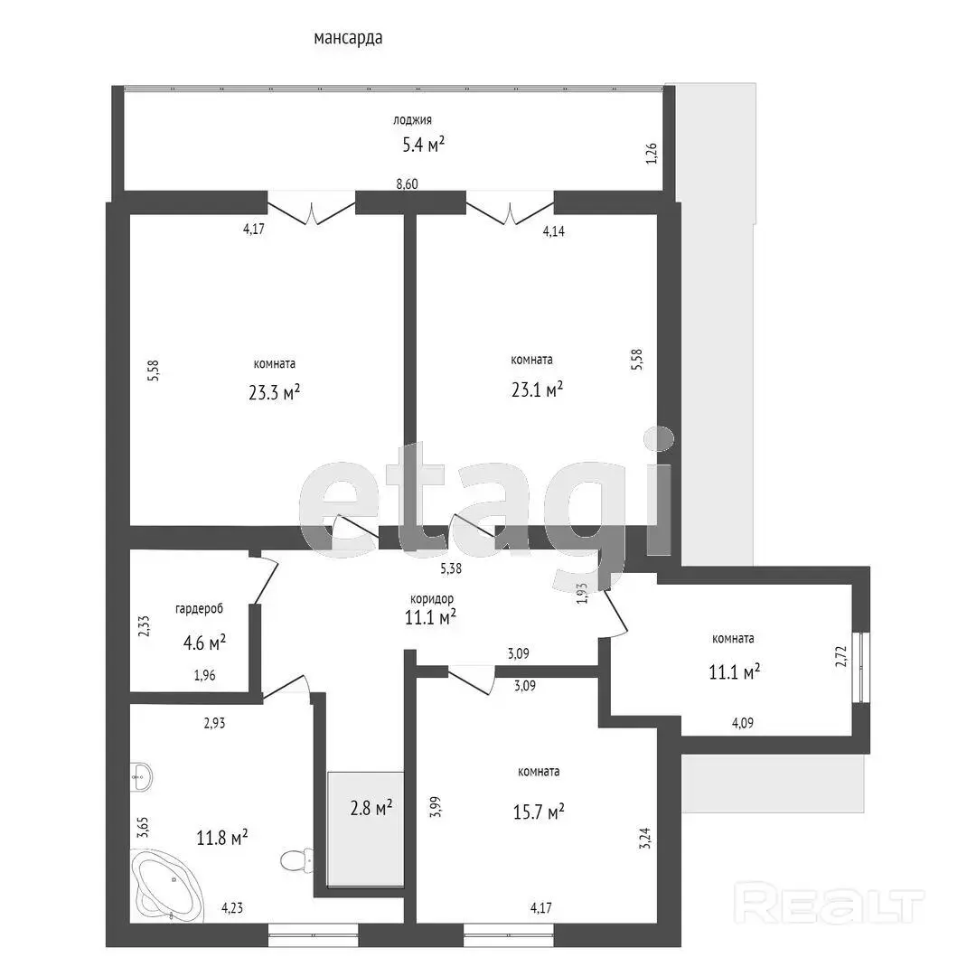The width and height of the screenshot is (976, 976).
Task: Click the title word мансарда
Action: coord(348,39)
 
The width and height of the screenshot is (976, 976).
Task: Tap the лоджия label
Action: coord(412,120)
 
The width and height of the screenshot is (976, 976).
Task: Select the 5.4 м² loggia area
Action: coord(423,145)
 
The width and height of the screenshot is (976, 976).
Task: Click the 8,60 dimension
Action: coord(407,184)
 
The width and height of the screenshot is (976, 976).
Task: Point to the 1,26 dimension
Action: coord(651,153)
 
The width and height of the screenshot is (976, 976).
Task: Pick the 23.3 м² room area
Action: coord(275,393)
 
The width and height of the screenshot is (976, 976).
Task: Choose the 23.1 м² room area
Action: coord(537,389)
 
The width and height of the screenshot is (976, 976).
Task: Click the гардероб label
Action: coord(199,609)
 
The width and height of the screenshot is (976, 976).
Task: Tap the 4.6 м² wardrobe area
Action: coord(204,643)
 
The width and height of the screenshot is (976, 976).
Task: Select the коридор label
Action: coord(432,599)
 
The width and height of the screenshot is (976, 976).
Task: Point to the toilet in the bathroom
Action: coord(296,861)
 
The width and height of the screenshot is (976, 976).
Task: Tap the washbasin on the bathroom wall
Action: coord(142,776)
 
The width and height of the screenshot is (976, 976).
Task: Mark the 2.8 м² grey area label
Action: coord(371,808)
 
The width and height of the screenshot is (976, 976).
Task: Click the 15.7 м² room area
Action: coord(539,812)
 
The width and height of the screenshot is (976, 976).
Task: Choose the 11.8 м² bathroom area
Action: coord(222,837)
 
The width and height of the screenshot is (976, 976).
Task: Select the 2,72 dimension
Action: coord(841,656)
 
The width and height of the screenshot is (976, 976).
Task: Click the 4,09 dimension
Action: coord(743,723)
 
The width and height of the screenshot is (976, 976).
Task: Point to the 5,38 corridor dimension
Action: coord(451,568)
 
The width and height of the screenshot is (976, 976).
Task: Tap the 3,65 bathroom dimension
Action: coord(142,829)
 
